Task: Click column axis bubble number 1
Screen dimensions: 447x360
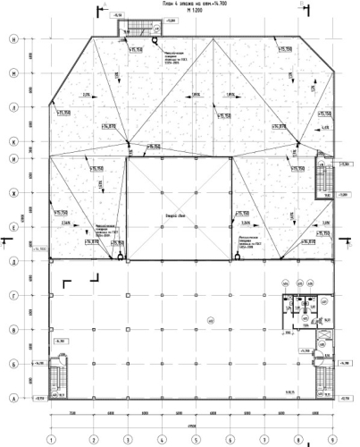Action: tap(52, 439)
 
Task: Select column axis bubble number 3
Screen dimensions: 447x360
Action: tap(126, 439)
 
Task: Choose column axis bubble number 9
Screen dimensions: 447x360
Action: tap(331, 439)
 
